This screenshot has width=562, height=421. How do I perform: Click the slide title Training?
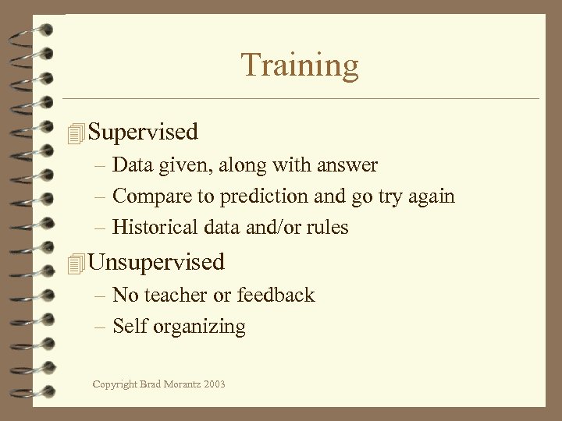[300, 65]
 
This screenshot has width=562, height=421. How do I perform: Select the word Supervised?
[144, 132]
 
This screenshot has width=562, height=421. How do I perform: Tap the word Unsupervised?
[157, 262]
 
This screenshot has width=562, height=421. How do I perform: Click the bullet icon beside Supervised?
[75, 133]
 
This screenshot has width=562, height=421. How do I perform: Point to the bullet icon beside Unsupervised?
[75, 264]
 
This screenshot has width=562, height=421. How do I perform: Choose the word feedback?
[276, 295]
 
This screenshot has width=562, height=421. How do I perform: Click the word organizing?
[199, 327]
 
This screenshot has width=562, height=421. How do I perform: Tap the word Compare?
[148, 197]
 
